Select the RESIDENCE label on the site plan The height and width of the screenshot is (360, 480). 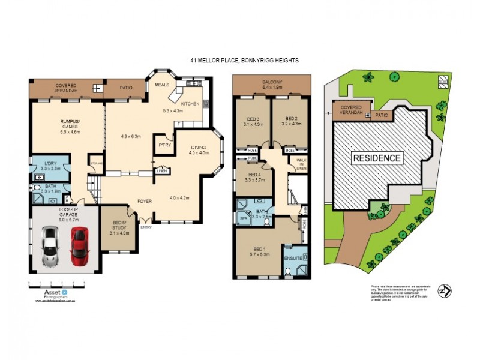[x=376, y=158]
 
